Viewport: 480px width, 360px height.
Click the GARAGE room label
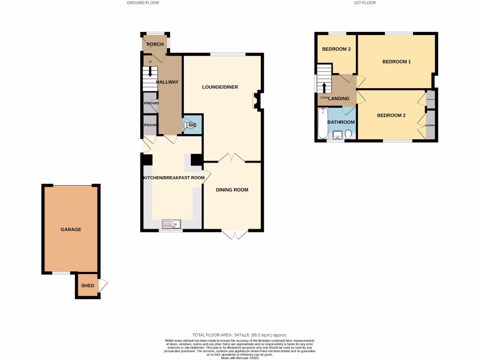tap(71, 229)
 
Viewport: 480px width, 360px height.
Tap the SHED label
tap(88, 285)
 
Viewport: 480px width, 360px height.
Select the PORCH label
tap(155, 45)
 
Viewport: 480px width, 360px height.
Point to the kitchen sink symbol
tap(172, 224)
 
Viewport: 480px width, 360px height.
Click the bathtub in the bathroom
tap(322, 124)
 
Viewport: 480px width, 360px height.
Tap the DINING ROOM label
tap(232, 190)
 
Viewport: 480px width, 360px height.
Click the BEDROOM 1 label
tap(397, 62)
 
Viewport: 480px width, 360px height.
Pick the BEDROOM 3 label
tap(336, 49)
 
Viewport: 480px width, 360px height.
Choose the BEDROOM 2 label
tap(391, 115)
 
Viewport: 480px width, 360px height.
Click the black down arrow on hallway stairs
tap(150, 72)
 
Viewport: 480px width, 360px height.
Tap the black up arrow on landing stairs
tap(324, 87)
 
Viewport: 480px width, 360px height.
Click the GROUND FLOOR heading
tap(143, 3)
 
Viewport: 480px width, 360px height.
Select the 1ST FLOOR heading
tap(365, 3)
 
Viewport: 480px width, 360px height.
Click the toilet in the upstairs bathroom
tap(348, 135)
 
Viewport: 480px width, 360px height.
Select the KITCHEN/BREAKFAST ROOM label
tap(174, 178)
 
